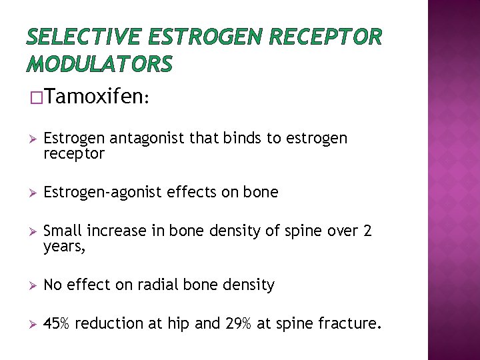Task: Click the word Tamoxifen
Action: [95, 98]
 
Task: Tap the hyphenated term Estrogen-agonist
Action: [102, 193]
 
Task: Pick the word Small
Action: [61, 231]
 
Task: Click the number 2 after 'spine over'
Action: [367, 231]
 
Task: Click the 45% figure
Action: [57, 324]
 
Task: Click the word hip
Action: [181, 325]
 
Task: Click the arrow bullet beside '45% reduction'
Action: [27, 325]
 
